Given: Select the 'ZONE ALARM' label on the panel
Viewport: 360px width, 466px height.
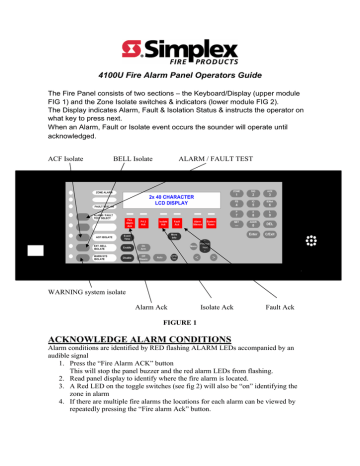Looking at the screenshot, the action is (x=80, y=190).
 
